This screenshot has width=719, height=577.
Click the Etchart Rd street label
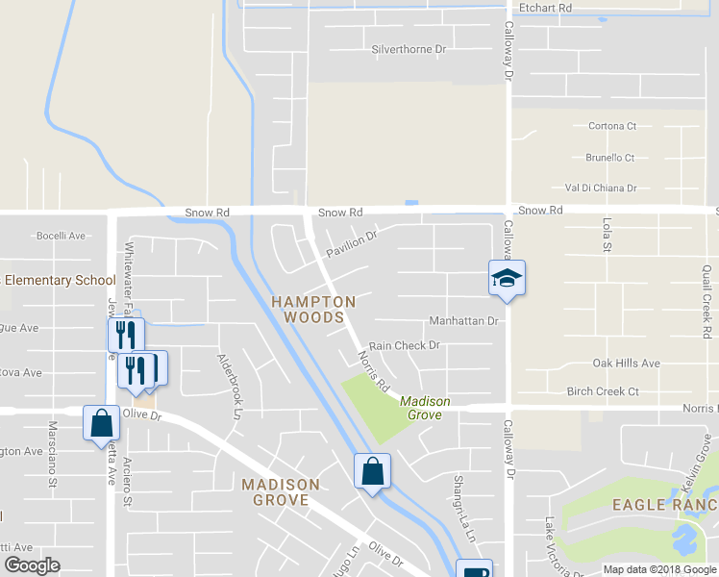545,8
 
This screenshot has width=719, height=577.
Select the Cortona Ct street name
612,126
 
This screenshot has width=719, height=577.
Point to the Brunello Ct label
610,158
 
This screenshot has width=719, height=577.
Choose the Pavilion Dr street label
352,243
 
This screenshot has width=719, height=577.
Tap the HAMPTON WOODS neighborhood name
313,309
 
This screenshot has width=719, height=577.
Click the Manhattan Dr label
463,321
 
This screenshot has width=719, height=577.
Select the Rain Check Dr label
404,345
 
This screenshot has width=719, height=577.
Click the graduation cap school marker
507,279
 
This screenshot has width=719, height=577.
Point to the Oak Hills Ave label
627,364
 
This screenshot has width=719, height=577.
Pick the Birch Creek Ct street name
603,391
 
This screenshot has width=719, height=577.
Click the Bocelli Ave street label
62,236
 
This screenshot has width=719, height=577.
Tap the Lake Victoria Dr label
551,546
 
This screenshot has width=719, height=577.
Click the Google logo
32,565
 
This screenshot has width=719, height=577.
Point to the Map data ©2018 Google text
659,569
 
